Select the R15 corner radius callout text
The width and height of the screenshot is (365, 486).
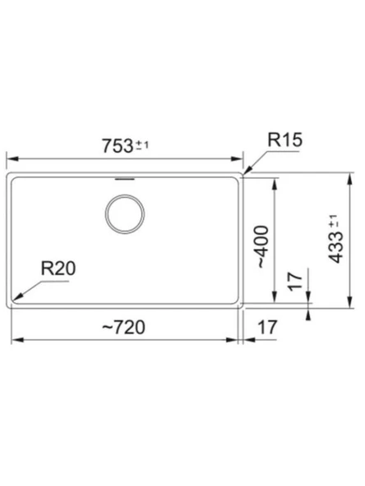284,140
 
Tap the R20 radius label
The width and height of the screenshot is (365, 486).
58,268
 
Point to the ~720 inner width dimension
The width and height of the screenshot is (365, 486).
123,328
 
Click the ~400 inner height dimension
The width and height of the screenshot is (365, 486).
261,247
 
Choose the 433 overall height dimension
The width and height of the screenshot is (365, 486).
336,239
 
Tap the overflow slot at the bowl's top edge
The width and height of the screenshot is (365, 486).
125,179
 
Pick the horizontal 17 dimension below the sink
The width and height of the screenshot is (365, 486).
267,328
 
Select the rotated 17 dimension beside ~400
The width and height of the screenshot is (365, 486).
295,282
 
